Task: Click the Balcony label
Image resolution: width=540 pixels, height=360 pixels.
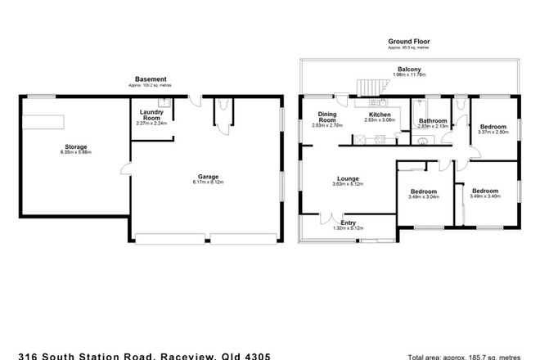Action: (x=411, y=70)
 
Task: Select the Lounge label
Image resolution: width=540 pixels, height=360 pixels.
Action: (x=347, y=178)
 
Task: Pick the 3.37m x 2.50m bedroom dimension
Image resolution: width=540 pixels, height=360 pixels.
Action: (x=493, y=132)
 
